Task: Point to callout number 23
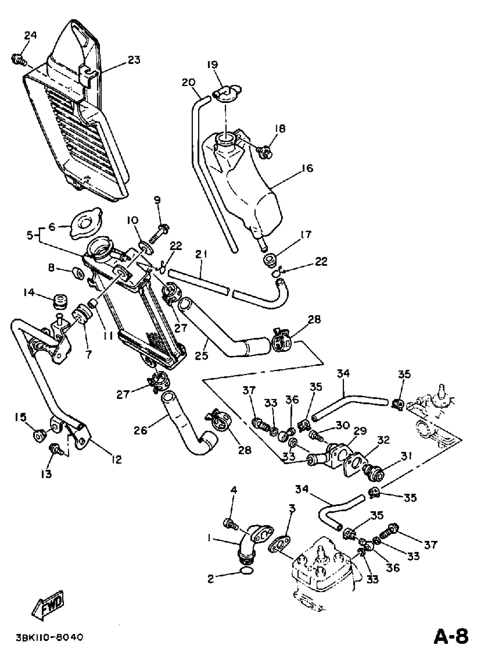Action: pyautogui.click(x=134, y=60)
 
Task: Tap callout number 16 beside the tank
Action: pyautogui.click(x=306, y=168)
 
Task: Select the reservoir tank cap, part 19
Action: pyautogui.click(x=227, y=94)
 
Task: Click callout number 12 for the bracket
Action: pyautogui.click(x=116, y=460)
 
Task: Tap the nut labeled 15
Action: pyautogui.click(x=38, y=437)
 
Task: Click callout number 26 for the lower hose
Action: pyautogui.click(x=141, y=430)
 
